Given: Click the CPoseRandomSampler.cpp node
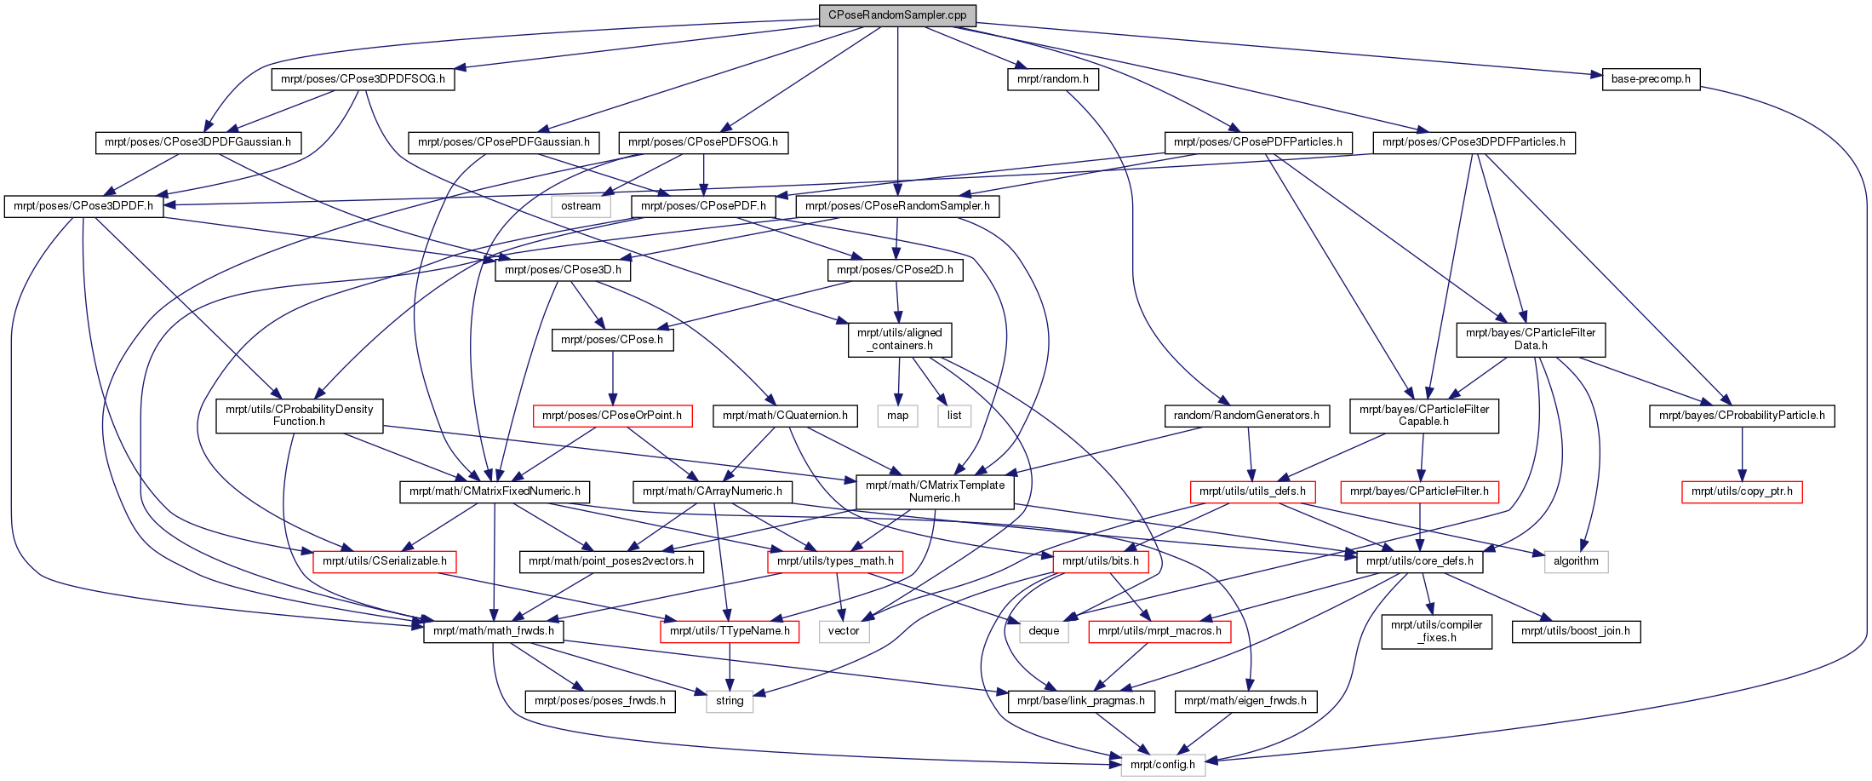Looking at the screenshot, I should point(897,15).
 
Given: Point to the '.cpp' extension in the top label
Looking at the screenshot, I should point(953,15).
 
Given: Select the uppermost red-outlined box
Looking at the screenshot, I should point(612,416).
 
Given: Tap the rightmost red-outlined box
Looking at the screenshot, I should point(1742,492).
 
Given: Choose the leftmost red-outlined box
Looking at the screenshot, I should point(385,562).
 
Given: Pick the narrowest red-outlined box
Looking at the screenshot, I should point(1100,562).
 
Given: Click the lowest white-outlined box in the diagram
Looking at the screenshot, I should point(1163,765).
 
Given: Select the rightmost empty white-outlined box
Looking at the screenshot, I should point(1576,562).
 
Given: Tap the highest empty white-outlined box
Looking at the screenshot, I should point(581,206).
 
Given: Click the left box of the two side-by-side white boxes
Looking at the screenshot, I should point(897,416).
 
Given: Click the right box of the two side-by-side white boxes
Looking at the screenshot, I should point(954,416).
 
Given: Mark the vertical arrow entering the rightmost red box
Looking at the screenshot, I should point(1742,456).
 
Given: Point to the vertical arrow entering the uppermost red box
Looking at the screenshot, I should point(612,379).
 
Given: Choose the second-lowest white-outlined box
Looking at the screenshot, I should point(730,702).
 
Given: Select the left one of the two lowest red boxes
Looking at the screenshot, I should point(730,632).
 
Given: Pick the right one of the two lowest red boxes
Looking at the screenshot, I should point(1159,632).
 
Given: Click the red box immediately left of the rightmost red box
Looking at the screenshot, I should point(1419,492).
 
